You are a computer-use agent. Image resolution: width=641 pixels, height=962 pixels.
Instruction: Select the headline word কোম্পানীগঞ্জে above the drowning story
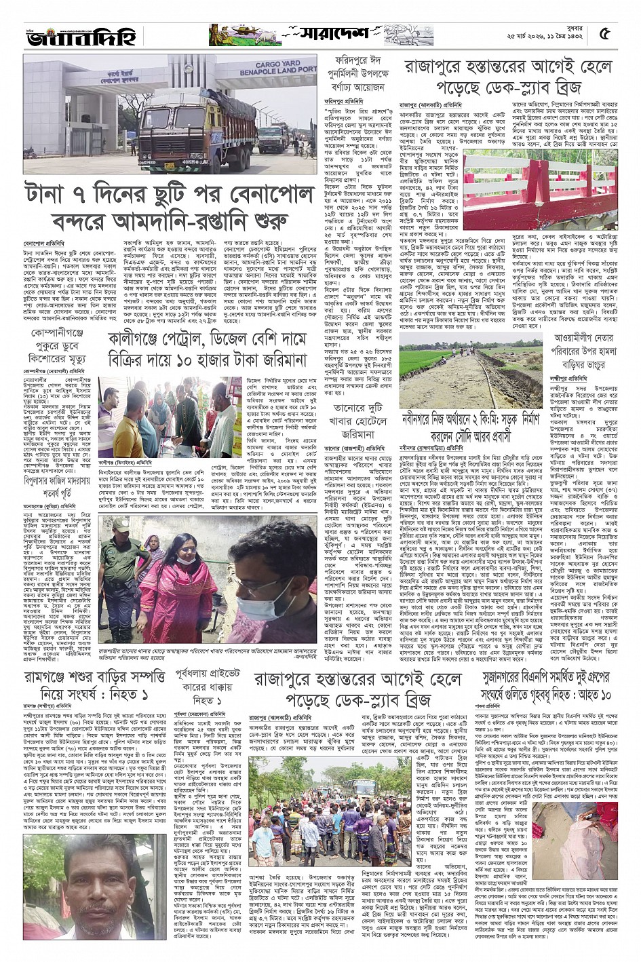pyautogui.click(x=57, y=333)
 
